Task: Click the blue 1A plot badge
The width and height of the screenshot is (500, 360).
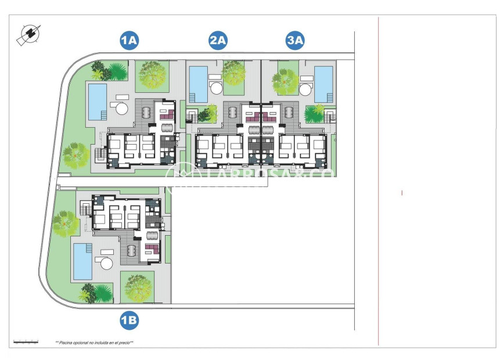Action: [x=128, y=40]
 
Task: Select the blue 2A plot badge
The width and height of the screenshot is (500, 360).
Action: [x=218, y=40]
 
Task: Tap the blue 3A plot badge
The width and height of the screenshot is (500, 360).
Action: [x=296, y=40]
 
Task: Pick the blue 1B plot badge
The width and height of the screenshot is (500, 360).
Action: [x=128, y=319]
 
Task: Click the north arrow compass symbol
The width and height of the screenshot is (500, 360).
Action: [x=28, y=35]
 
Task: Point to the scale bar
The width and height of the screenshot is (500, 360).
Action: [x=26, y=342]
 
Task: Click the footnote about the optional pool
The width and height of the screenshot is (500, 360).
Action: [x=94, y=343]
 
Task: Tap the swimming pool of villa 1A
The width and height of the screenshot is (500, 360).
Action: [x=97, y=102]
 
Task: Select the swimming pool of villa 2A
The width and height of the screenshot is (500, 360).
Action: [x=199, y=84]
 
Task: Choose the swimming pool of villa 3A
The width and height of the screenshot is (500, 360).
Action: [x=323, y=84]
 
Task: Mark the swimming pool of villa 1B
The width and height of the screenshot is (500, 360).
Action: [x=82, y=261]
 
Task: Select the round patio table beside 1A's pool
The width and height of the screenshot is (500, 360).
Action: [x=122, y=108]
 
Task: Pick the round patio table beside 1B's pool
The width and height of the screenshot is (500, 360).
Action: [x=107, y=263]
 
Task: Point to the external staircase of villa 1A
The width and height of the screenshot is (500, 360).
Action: [x=100, y=154]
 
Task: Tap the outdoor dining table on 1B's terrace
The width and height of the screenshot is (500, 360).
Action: [x=131, y=249]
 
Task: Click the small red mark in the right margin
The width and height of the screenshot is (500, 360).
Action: [x=402, y=193]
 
